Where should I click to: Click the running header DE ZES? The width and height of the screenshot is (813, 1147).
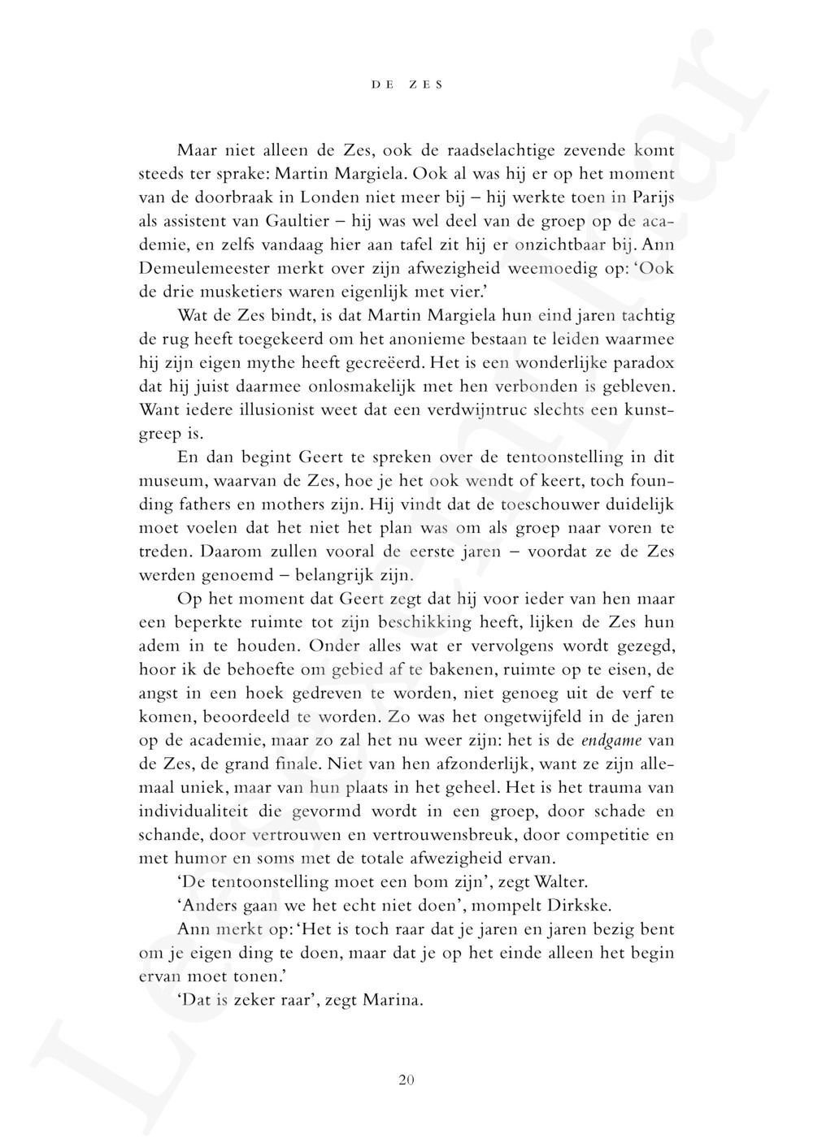click(406, 84)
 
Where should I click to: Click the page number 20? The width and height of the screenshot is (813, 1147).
click(406, 1080)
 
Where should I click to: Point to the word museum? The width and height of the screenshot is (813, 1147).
click(171, 480)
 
